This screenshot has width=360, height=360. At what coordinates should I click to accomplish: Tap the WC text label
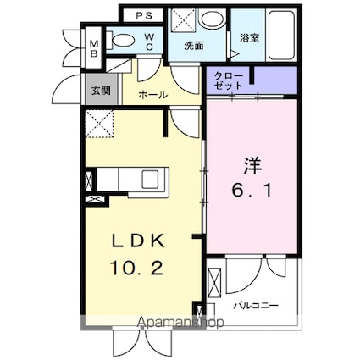pos(147,42)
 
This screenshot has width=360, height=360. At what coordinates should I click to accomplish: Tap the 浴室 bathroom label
pos(249,37)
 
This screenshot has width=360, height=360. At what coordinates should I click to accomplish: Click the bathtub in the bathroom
pos(279,35)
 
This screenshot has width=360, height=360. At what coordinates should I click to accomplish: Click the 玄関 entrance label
pos(101,89)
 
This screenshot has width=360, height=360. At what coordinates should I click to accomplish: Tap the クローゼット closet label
pos(229,81)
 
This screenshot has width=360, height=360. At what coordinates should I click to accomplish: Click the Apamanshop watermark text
pos(180,323)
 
